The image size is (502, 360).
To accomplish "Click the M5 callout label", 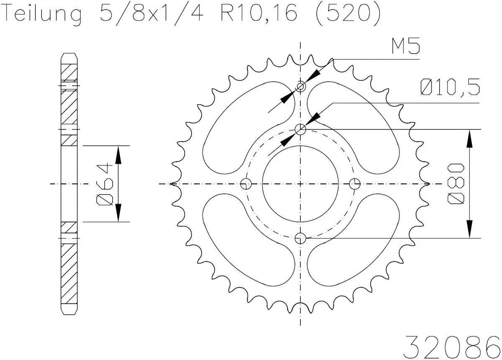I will click(405, 47).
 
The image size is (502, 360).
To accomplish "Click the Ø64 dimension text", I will click(104, 184).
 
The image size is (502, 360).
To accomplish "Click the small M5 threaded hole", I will click(301, 87).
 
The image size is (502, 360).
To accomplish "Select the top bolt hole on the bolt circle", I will click(301, 130).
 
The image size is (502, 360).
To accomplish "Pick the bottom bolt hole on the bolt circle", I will click(301, 238).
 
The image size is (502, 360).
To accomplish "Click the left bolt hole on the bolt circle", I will click(246, 183).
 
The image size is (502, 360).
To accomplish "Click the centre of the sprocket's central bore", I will click(301, 183).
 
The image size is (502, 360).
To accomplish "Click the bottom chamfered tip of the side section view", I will click(69, 311).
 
